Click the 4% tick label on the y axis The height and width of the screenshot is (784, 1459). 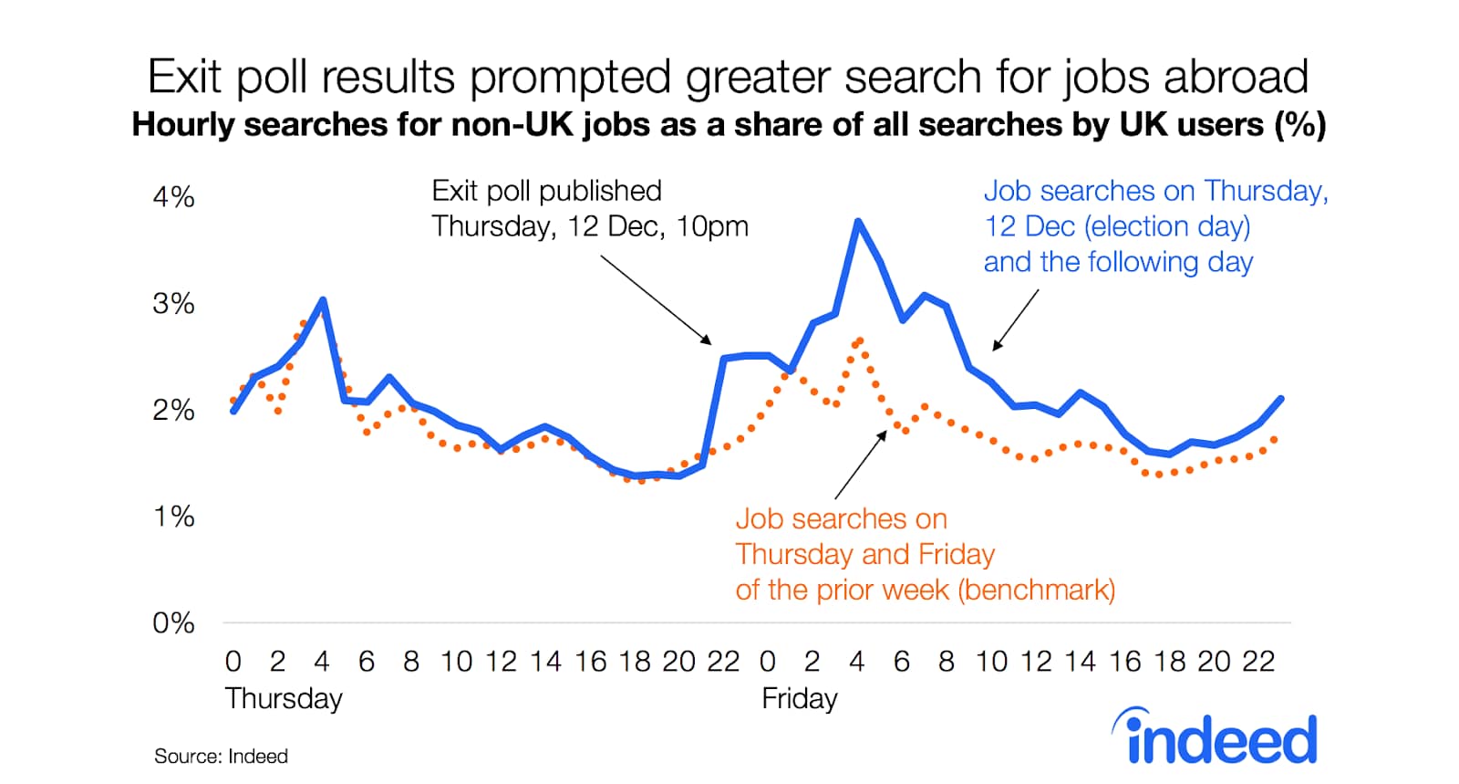pos(173,197)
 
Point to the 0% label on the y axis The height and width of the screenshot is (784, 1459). pos(173,623)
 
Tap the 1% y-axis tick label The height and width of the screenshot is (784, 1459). pos(174,517)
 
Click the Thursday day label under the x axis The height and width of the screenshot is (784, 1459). pos(284,698)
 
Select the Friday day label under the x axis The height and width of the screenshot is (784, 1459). pos(800,698)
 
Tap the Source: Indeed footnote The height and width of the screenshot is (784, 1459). pos(221,756)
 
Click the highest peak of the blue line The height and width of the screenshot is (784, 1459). pos(858,222)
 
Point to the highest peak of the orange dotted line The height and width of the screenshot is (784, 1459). pos(860,340)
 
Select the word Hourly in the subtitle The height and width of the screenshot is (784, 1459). pos(183,124)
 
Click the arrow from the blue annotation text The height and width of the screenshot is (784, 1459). pos(1016,320)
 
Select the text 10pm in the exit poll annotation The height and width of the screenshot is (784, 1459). pos(712,226)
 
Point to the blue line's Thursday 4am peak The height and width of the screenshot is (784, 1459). pos(323,299)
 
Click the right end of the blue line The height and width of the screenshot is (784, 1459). pos(1281,398)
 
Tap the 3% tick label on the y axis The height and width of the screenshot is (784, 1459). pos(173,303)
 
